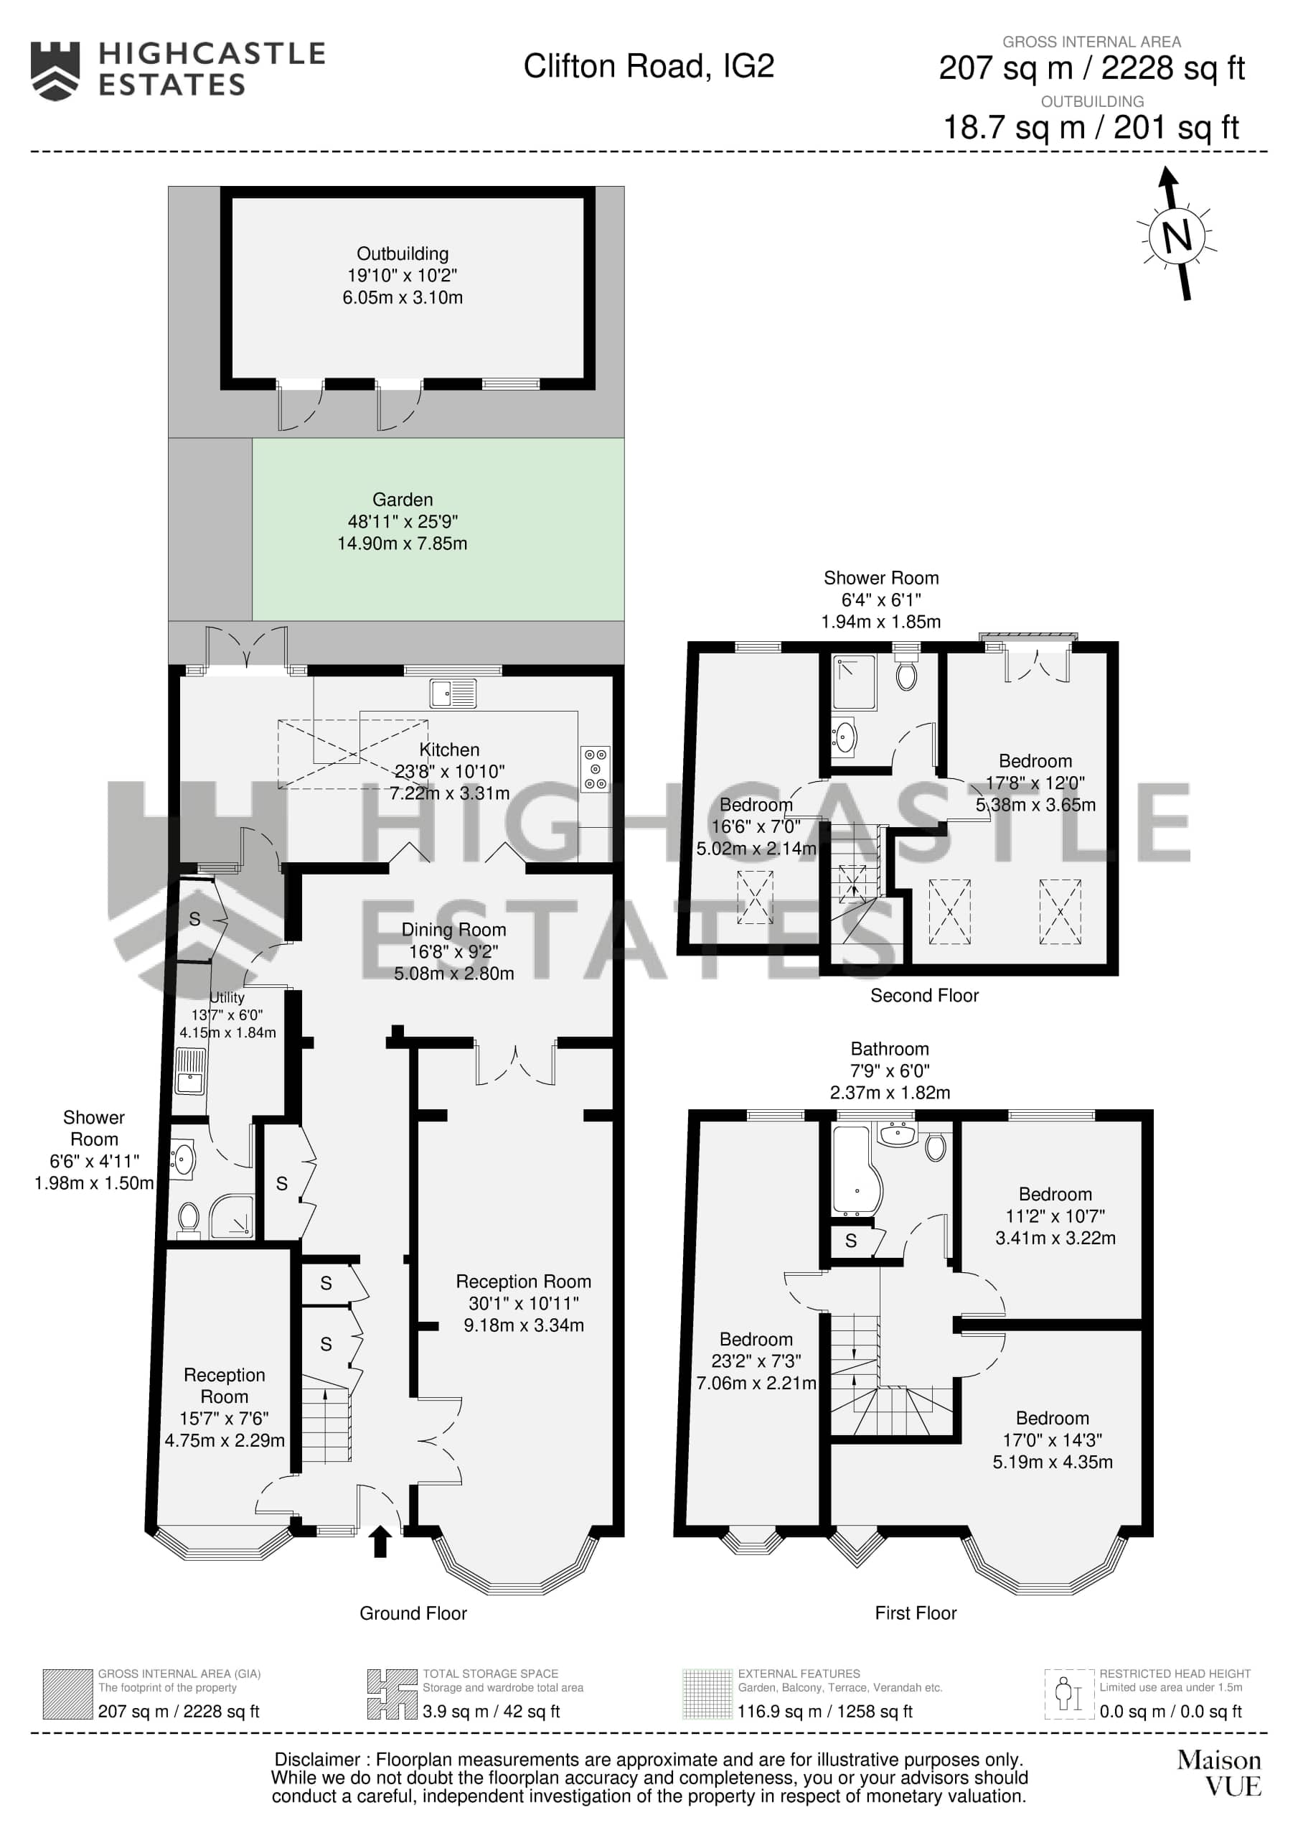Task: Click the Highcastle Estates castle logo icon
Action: (x=55, y=71)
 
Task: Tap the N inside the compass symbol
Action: (x=1176, y=235)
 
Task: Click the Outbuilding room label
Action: (x=403, y=253)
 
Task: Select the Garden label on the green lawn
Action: (x=403, y=500)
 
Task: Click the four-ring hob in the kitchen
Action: (x=596, y=768)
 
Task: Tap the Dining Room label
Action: (x=453, y=929)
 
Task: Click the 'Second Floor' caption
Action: (x=924, y=995)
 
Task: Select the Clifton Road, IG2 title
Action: (x=649, y=67)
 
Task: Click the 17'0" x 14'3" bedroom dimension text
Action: (x=1053, y=1440)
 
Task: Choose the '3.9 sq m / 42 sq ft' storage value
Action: (x=492, y=1712)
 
